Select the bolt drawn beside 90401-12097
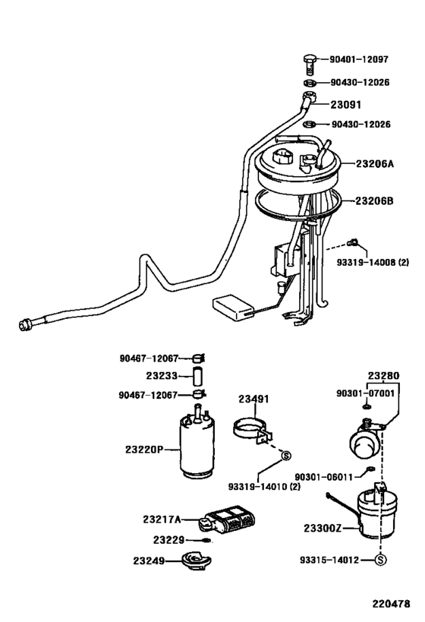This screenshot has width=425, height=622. click(x=310, y=59)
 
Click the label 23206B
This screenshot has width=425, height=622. click(x=374, y=200)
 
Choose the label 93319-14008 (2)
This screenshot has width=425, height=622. click(x=383, y=264)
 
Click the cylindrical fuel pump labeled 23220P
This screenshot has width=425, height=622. click(x=200, y=448)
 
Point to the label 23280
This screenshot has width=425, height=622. click(x=384, y=375)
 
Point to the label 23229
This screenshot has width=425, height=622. click(x=169, y=540)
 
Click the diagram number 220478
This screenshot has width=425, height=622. click(x=390, y=605)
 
